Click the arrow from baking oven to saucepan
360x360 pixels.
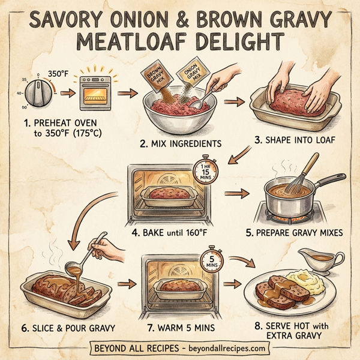(238, 194)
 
